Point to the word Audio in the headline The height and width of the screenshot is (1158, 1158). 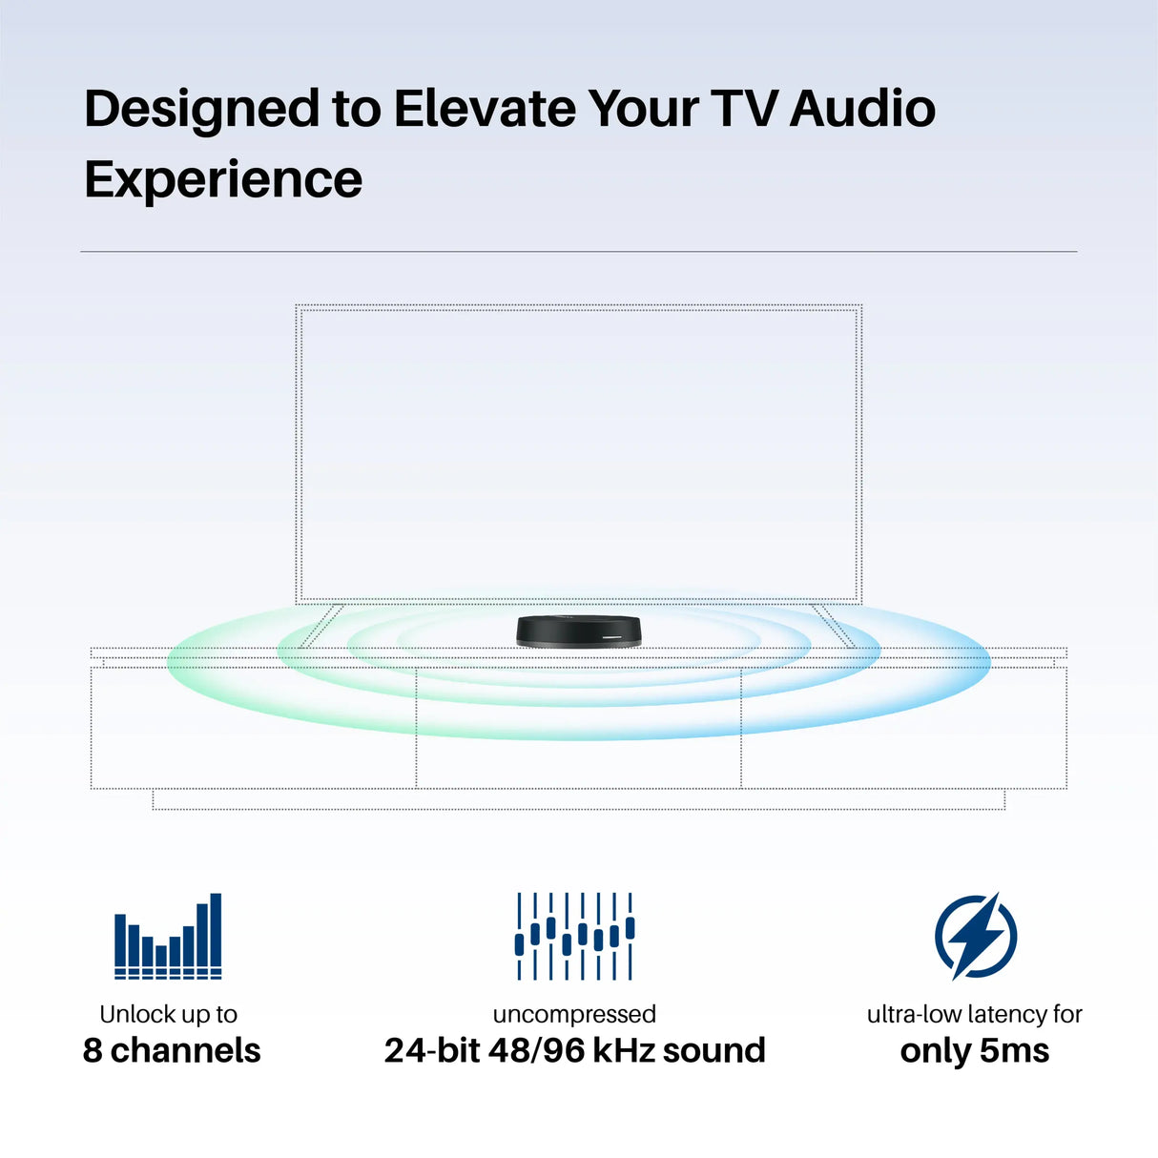(862, 109)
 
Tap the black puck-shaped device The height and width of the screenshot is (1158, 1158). (578, 631)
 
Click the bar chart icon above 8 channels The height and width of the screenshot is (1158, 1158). (168, 936)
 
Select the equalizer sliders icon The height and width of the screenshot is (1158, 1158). (574, 936)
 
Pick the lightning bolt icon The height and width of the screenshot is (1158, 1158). (975, 936)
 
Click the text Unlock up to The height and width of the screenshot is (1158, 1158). (168, 1014)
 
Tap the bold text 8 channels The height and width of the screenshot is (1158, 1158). (172, 1050)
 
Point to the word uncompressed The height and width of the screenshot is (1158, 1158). (574, 1014)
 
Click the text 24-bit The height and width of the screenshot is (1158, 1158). (431, 1050)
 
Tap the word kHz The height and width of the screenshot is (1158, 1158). (623, 1050)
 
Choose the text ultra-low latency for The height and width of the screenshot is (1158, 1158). (975, 1014)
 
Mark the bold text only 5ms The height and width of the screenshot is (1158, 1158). (975, 1050)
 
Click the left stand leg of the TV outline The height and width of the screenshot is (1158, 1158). (321, 626)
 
